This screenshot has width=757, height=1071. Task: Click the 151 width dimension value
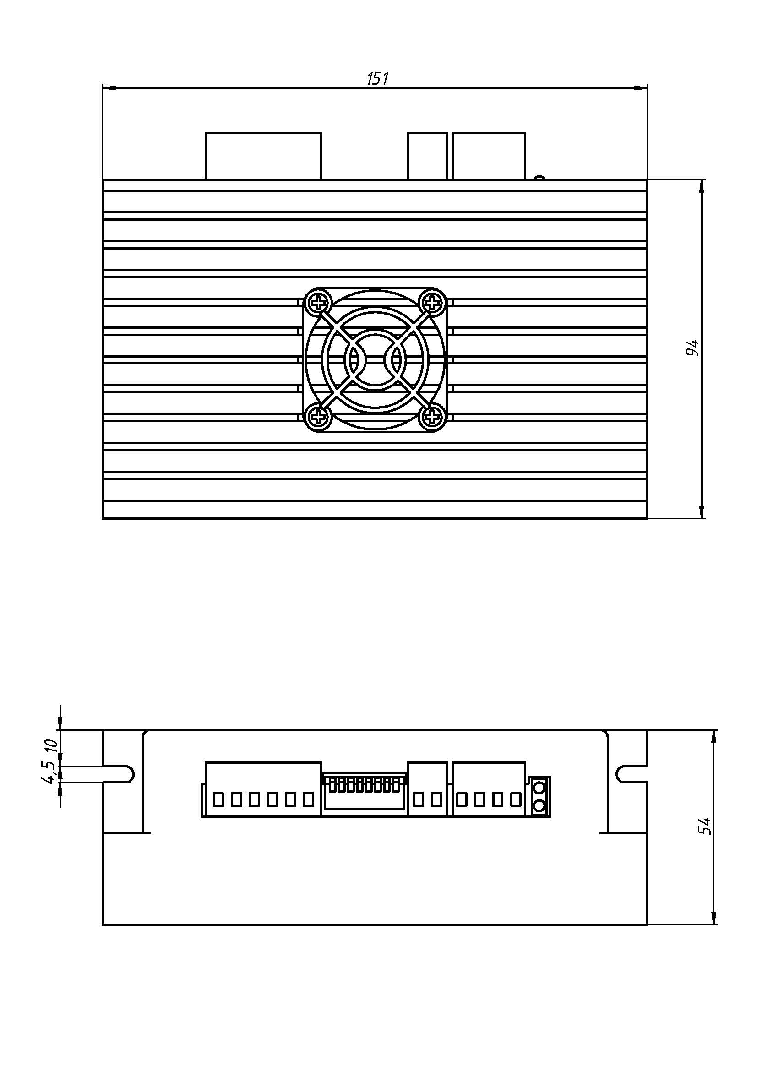pyautogui.click(x=377, y=78)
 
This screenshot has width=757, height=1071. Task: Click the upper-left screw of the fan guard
pyautogui.click(x=319, y=304)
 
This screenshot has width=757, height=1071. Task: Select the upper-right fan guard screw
pyautogui.click(x=433, y=304)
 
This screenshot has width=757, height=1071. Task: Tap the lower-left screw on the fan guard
pyautogui.click(x=319, y=417)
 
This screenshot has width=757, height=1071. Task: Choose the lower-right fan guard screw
pyautogui.click(x=433, y=417)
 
